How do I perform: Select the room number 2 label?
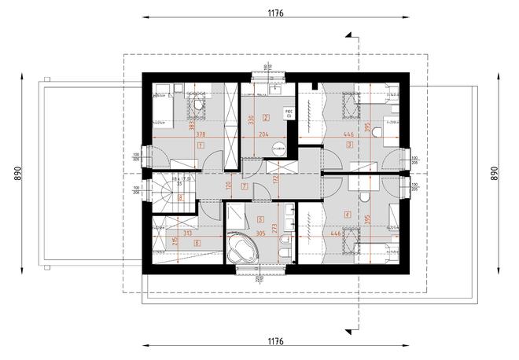[267, 117]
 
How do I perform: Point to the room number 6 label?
[196, 242]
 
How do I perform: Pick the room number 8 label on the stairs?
[182, 199]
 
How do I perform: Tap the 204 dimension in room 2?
[263, 134]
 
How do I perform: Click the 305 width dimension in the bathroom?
[259, 233]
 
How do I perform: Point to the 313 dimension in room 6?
[187, 233]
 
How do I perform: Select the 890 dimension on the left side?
[13, 173]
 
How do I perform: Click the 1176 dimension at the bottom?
[274, 343]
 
